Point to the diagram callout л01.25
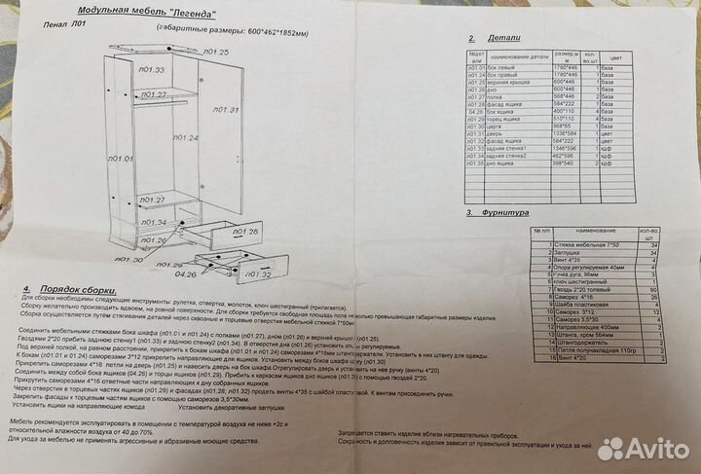pos(215,52)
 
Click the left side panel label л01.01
pos(120,158)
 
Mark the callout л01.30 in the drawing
pos(129,260)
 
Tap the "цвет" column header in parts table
pos(614,58)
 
